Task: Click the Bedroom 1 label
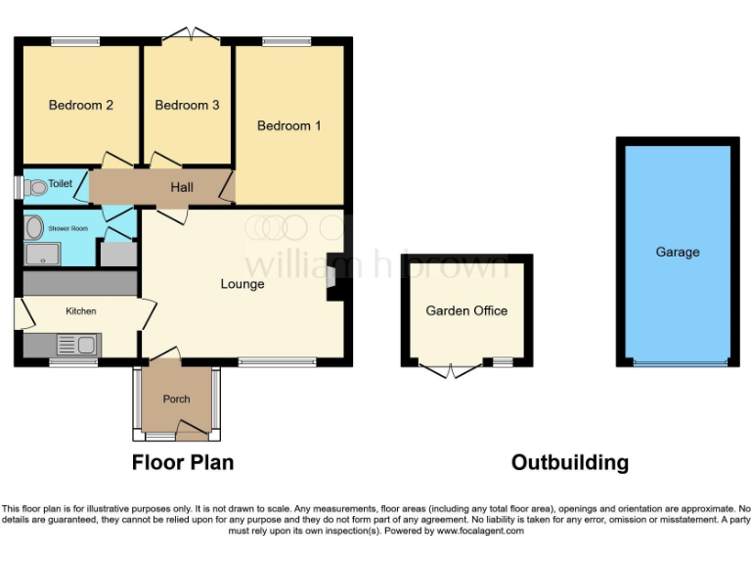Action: tap(289, 126)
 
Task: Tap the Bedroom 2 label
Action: tap(81, 106)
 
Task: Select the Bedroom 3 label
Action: tap(187, 106)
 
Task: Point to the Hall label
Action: tap(182, 187)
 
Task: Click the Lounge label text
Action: tap(243, 285)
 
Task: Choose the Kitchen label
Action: tap(81, 311)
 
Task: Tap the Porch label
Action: tap(177, 399)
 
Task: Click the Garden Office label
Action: tap(466, 311)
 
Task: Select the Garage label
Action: tap(678, 253)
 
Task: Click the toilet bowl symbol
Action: tap(36, 187)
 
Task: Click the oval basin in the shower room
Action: tap(34, 228)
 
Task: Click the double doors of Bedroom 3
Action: tap(188, 35)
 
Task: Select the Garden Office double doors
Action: tap(451, 368)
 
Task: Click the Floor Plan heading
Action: tap(183, 462)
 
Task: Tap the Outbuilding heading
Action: tap(570, 462)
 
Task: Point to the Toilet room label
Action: tap(61, 183)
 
